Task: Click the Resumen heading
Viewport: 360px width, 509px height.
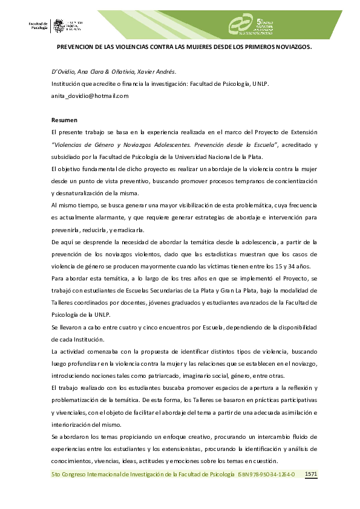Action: [x=64, y=120]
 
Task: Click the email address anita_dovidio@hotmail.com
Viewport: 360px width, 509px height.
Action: [x=90, y=96]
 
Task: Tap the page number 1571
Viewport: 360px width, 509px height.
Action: [x=311, y=474]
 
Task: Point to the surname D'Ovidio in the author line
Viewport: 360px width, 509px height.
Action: [x=63, y=71]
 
